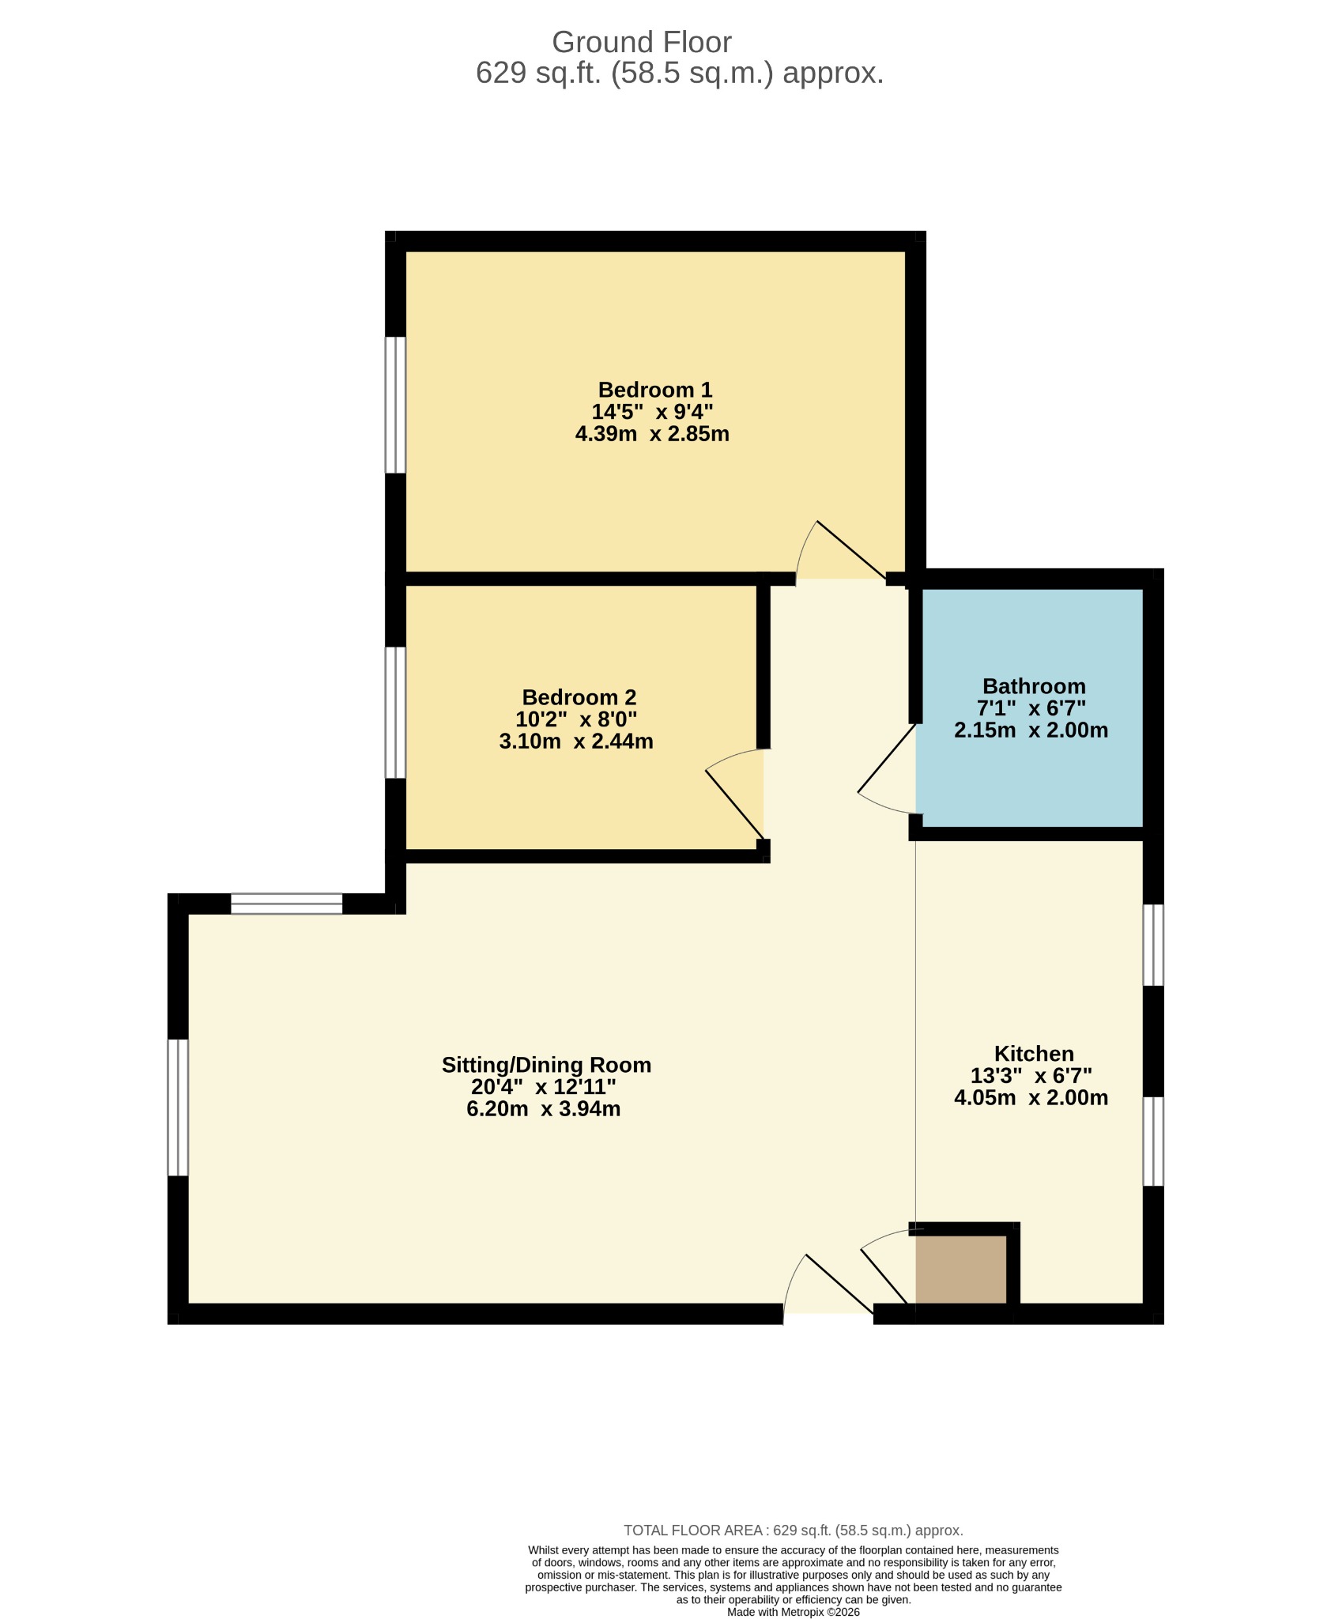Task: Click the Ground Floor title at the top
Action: tap(641, 42)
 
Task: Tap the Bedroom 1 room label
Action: tap(655, 390)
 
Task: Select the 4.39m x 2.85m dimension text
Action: tap(652, 434)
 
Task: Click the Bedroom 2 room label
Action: tap(579, 697)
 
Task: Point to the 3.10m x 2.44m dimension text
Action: tap(576, 742)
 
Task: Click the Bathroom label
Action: tap(1034, 686)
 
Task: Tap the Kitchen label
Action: tap(1034, 1054)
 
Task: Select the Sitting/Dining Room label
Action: tap(546, 1065)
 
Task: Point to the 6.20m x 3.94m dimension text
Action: tap(543, 1109)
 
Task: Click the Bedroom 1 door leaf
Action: tap(851, 550)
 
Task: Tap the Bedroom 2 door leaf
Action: tap(735, 804)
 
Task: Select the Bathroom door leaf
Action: tap(887, 757)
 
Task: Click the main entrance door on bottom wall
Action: tap(840, 1285)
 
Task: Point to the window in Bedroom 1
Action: tap(395, 406)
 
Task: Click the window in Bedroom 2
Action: tap(395, 713)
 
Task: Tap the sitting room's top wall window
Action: tap(286, 904)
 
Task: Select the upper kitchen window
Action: tap(1154, 945)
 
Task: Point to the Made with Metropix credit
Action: tap(793, 1612)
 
